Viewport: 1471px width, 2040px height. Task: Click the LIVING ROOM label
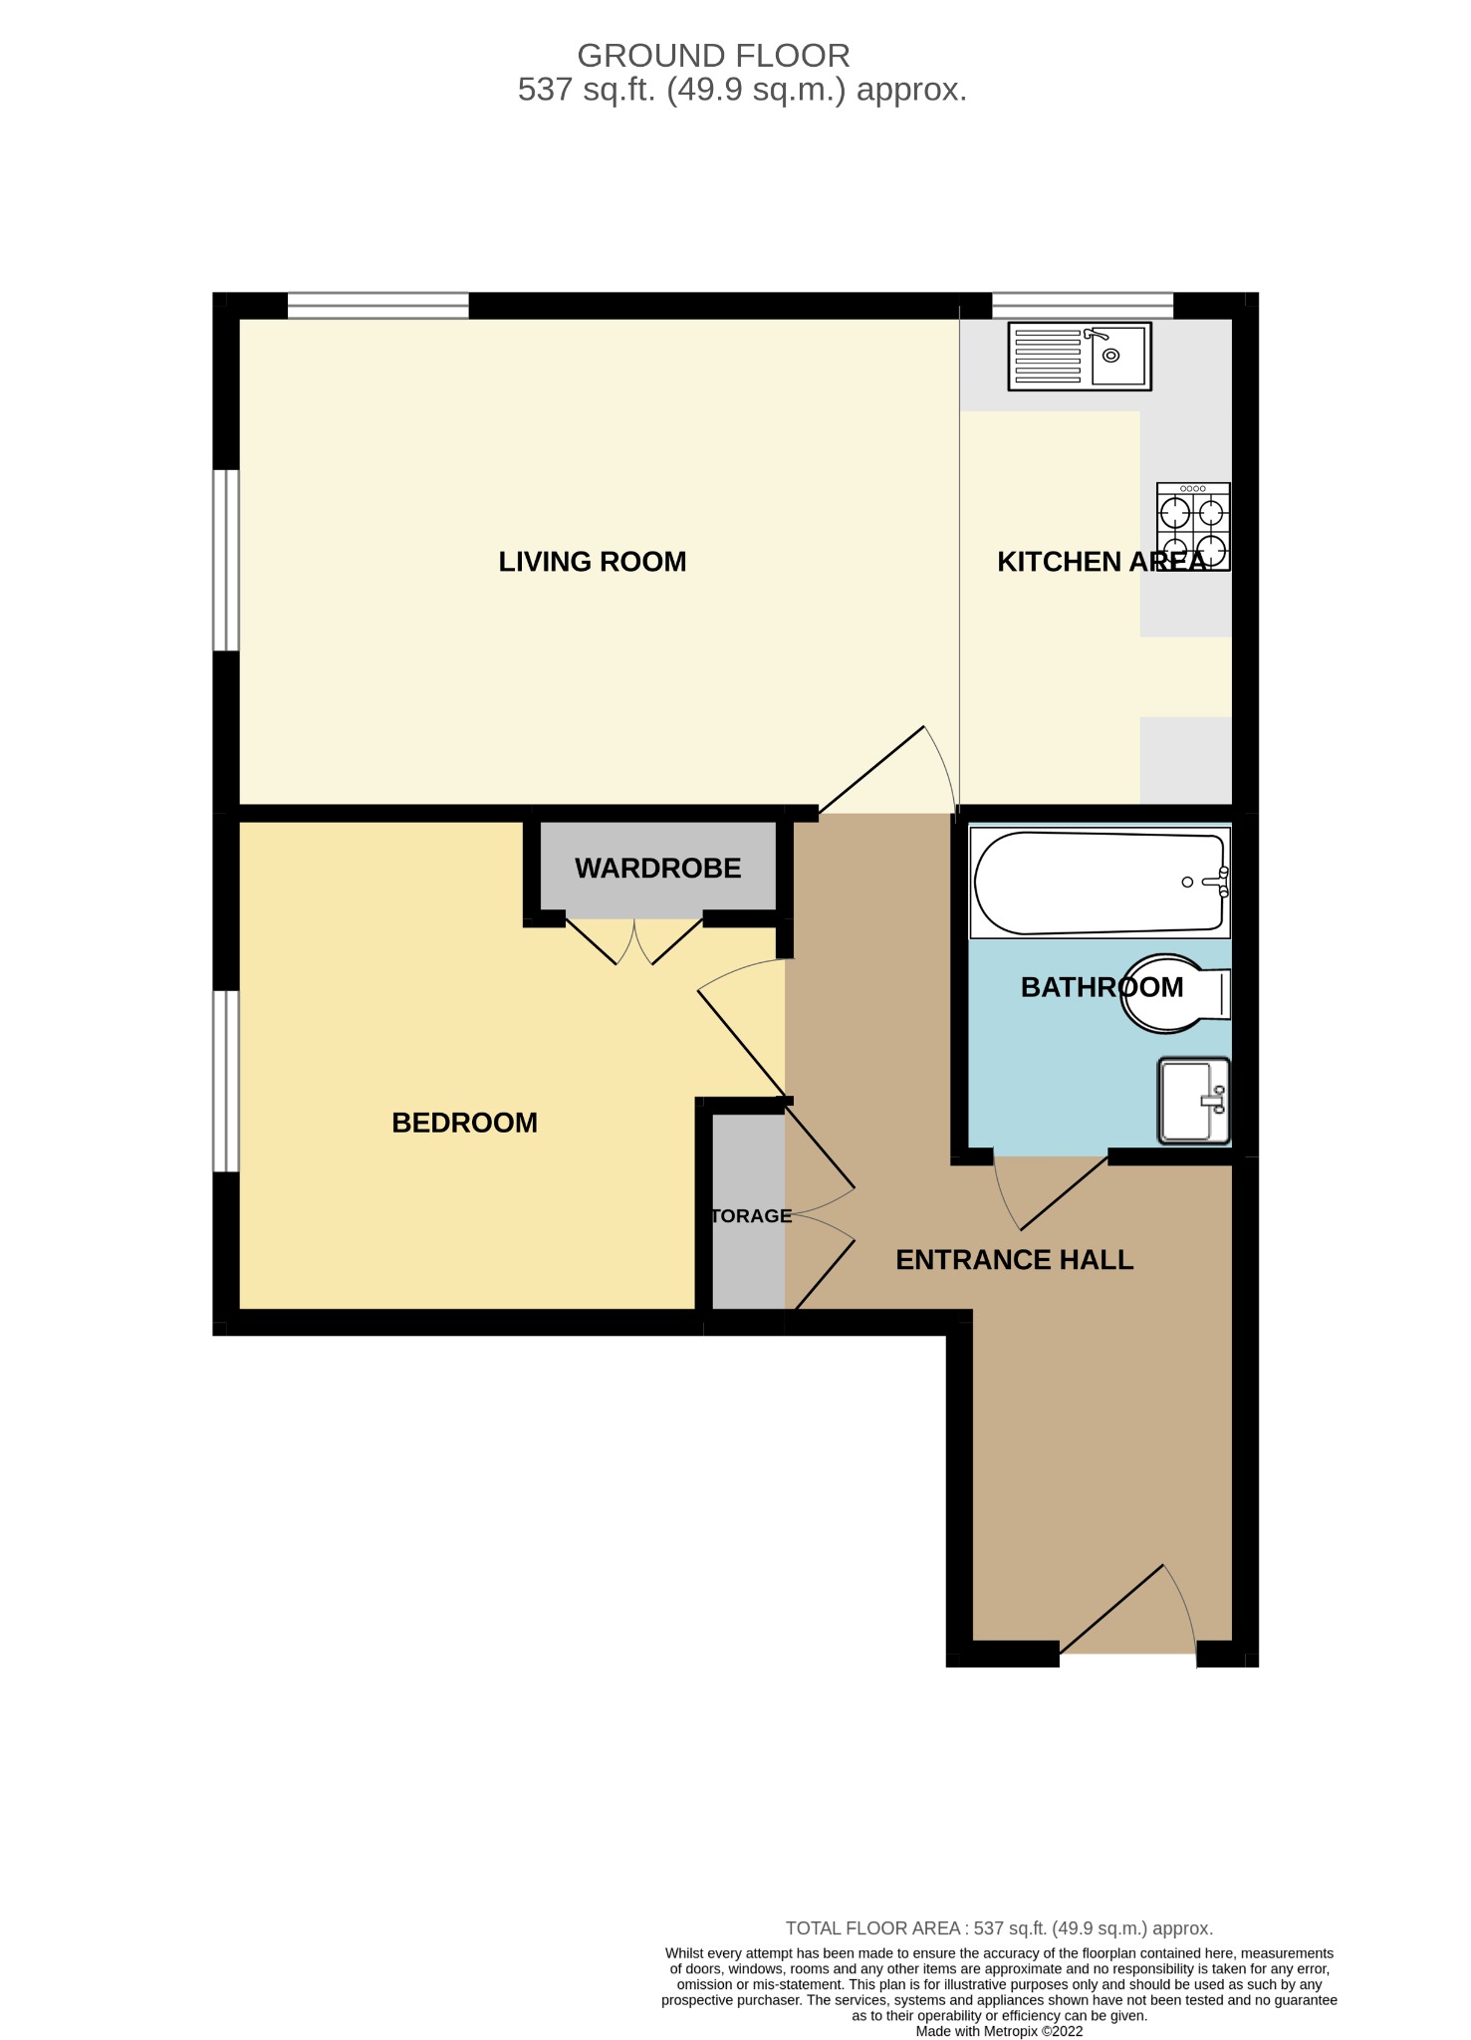coord(593,562)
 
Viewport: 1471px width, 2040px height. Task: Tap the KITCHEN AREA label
coord(1101,562)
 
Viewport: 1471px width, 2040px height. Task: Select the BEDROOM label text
coord(464,1123)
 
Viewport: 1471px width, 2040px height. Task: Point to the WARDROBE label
coord(657,869)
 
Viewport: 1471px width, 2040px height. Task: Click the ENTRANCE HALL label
coord(1014,1260)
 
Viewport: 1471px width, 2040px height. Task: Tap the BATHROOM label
coord(1102,987)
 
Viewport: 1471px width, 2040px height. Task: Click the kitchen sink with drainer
coord(1079,356)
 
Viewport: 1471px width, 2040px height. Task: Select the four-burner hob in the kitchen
coord(1193,527)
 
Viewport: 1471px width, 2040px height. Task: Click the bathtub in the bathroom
coord(1100,883)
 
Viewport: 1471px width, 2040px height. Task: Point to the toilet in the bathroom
coord(1175,993)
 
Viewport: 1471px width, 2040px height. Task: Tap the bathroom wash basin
coord(1193,1101)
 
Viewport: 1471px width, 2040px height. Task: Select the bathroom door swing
coord(1051,1190)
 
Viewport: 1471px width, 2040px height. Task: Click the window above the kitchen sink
coord(1083,305)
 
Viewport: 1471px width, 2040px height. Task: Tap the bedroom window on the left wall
coord(227,1081)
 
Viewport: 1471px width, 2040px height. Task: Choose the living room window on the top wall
coord(378,305)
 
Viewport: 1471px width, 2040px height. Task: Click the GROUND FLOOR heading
coord(713,56)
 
